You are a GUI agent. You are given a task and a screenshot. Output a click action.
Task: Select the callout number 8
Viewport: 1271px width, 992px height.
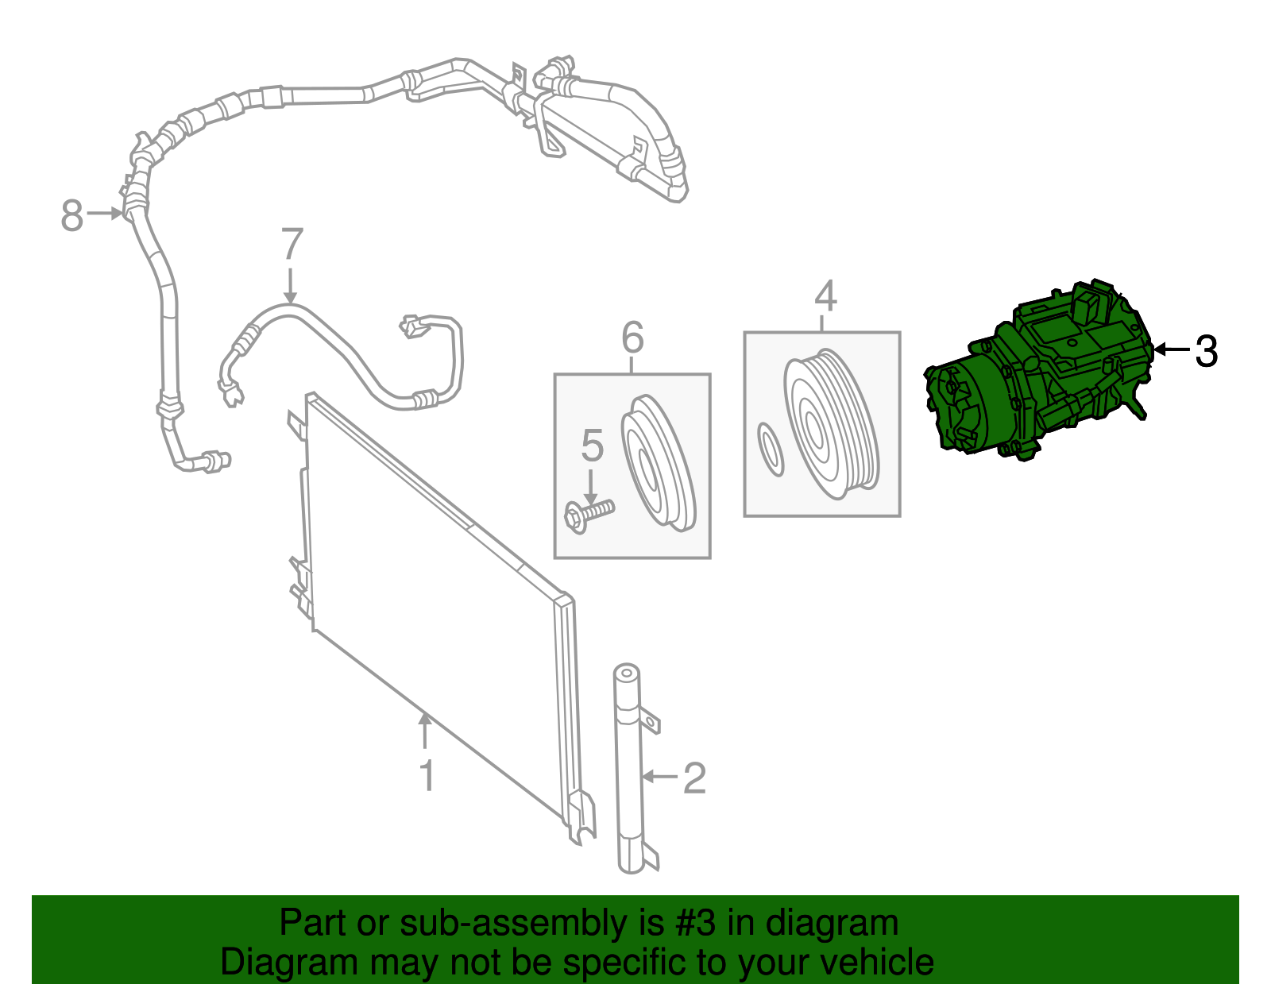click(72, 214)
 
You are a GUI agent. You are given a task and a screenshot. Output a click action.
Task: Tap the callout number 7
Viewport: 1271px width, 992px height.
click(292, 245)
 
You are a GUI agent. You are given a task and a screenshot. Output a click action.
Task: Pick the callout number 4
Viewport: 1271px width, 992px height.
click(825, 296)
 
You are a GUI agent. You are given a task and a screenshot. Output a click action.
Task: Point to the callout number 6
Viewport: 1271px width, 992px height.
click(632, 338)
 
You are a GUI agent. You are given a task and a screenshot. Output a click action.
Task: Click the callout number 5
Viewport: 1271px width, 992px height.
click(592, 446)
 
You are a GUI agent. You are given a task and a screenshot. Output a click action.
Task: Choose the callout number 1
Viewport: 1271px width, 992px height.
click(427, 775)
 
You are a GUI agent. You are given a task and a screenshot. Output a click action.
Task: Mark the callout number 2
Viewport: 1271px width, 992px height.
click(694, 778)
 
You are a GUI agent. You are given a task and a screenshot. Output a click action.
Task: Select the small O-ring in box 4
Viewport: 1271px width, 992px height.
click(771, 450)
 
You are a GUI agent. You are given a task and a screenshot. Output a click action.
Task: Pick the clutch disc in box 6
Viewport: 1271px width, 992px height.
click(658, 461)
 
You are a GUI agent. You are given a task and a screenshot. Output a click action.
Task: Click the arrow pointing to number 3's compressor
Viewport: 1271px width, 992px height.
click(1172, 349)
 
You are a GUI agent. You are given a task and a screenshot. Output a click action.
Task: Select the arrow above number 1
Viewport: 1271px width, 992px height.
click(426, 731)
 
